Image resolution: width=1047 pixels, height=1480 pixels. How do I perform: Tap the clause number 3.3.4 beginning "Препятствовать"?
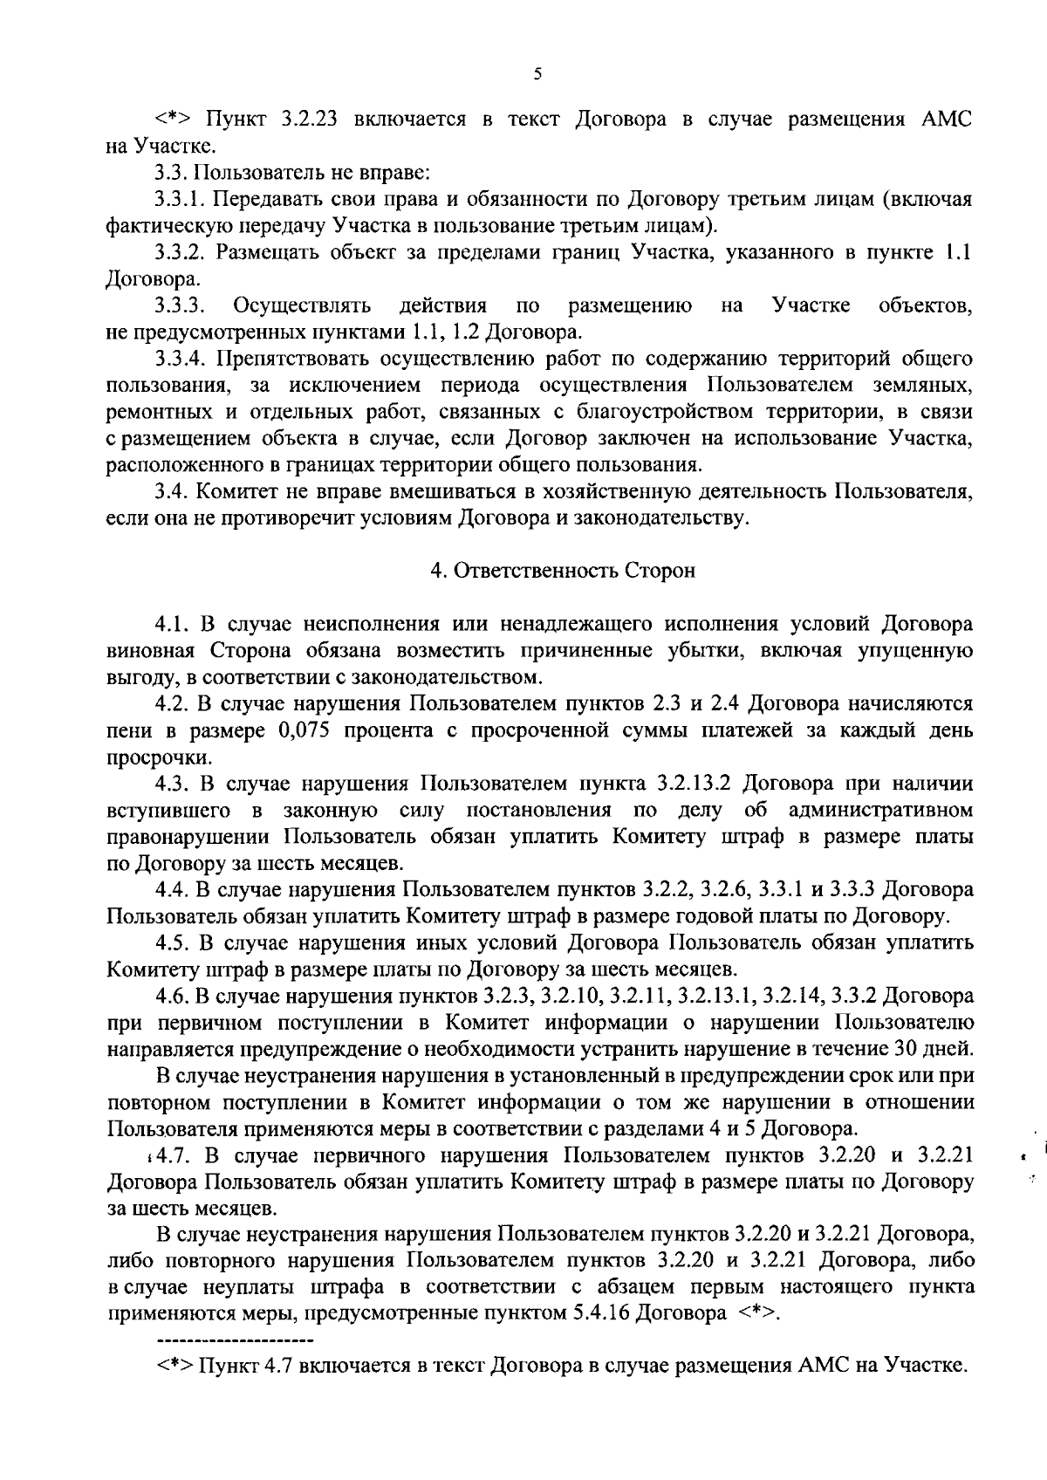coord(180,359)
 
